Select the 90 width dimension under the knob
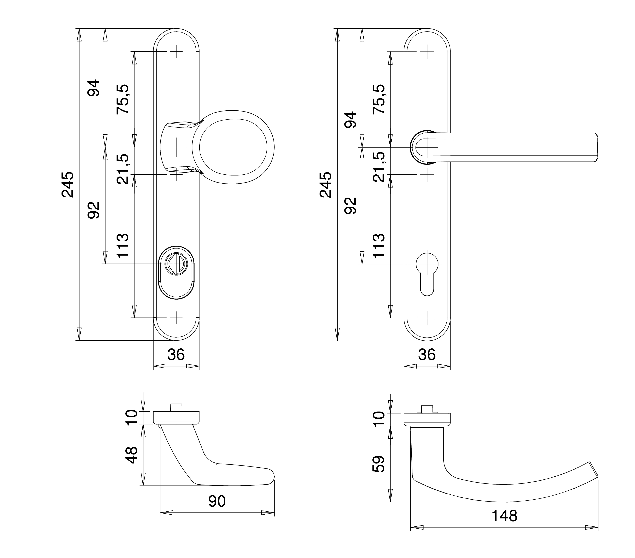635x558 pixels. coord(217,501)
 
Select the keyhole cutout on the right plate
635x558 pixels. coord(427,273)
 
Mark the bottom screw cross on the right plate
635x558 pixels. coord(427,318)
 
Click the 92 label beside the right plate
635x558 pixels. coord(351,206)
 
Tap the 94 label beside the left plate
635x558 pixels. coord(93,88)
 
